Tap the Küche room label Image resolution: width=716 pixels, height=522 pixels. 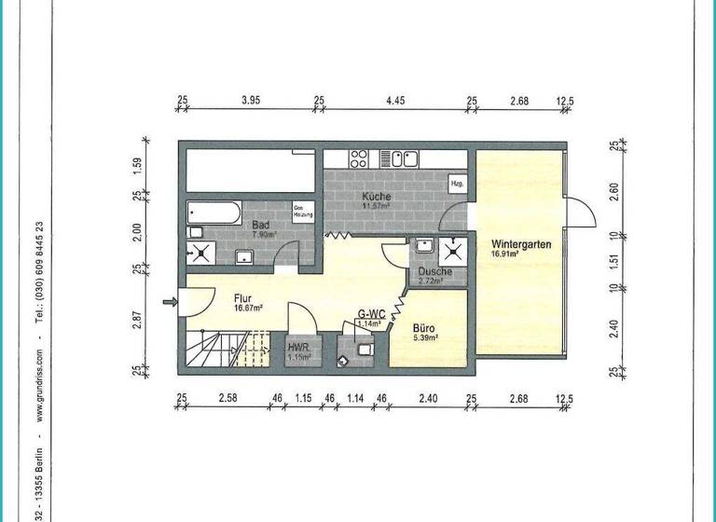click(x=378, y=198)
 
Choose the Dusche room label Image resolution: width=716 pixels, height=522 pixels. click(x=435, y=272)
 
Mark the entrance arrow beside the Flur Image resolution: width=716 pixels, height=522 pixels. click(x=169, y=301)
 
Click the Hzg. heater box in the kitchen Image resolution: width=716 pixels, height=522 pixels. click(x=458, y=185)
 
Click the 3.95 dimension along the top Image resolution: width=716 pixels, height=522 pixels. click(x=250, y=100)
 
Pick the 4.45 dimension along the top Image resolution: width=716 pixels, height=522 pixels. click(x=394, y=100)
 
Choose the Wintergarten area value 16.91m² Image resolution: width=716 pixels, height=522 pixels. click(x=508, y=253)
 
